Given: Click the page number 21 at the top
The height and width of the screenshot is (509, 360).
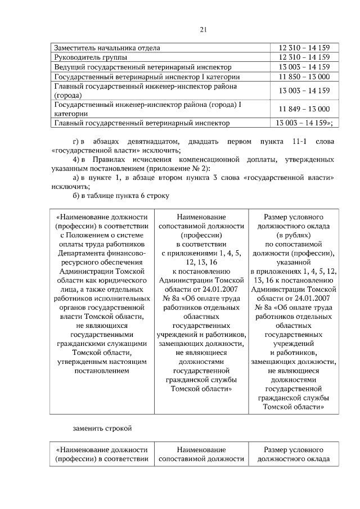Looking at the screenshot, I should [x=180, y=30].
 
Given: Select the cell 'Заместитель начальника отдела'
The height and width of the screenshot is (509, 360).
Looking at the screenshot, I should [x=107, y=48].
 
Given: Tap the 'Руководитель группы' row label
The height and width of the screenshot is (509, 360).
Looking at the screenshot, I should [x=90, y=57].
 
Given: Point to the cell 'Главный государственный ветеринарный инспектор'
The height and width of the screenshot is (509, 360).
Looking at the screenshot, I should [x=141, y=123].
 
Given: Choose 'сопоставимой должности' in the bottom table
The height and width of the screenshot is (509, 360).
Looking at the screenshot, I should [x=201, y=459].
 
